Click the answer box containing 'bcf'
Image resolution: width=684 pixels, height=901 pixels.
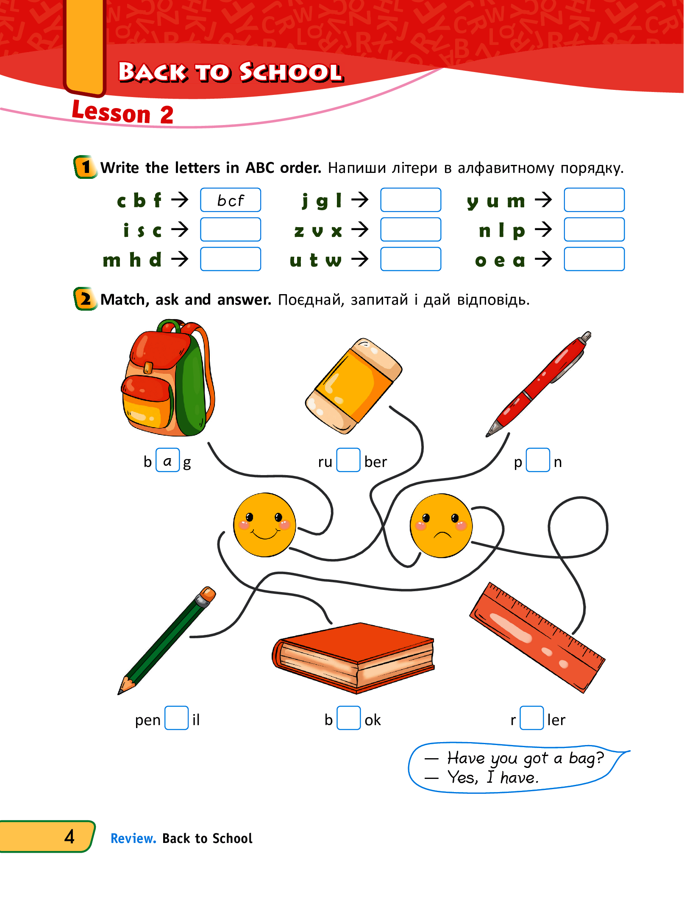[x=231, y=200]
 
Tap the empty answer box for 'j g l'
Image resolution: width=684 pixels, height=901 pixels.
[x=411, y=200]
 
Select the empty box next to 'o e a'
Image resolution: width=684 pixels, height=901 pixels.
[x=594, y=259]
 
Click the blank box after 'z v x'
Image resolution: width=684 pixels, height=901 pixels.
[x=411, y=229]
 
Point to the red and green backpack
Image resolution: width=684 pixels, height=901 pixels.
[x=168, y=378]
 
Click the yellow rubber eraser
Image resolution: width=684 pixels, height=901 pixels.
[x=353, y=386]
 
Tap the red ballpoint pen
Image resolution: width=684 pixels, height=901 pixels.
[x=538, y=384]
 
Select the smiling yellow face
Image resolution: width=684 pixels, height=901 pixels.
[x=264, y=525]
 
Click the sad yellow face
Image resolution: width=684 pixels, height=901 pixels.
[x=441, y=526]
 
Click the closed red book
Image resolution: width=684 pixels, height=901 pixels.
[x=353, y=658]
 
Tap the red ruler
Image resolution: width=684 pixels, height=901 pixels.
[x=537, y=637]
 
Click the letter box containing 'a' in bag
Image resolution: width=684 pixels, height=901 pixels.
[x=168, y=460]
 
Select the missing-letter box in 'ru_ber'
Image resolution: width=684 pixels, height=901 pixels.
[x=348, y=460]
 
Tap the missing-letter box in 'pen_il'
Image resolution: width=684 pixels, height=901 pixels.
[x=177, y=718]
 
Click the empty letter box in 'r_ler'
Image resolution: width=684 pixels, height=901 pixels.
[x=532, y=718]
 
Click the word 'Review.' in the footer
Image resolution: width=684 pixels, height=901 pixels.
[x=133, y=838]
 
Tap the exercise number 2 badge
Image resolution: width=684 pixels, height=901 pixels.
[x=85, y=299]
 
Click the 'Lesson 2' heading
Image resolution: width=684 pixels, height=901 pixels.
[x=123, y=112]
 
